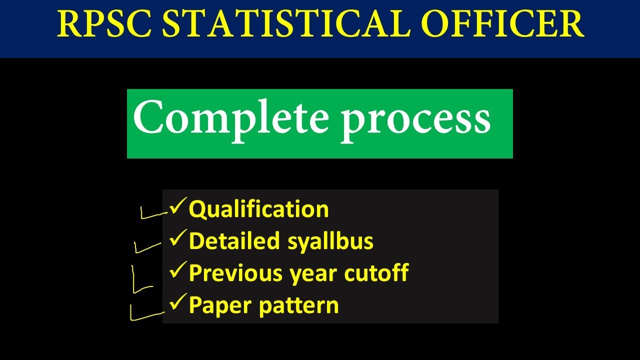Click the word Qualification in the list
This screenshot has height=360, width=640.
[x=258, y=209]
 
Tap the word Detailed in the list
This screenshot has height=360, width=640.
[x=234, y=241]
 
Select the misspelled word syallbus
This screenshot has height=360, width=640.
[x=330, y=242]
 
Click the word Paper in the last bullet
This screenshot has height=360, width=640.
[x=220, y=305]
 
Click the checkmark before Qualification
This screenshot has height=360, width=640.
[x=177, y=206]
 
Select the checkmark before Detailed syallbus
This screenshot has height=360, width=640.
[x=177, y=239]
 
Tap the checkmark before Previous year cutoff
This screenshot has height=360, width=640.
[x=177, y=271]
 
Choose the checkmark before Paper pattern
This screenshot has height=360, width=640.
[x=177, y=303]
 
